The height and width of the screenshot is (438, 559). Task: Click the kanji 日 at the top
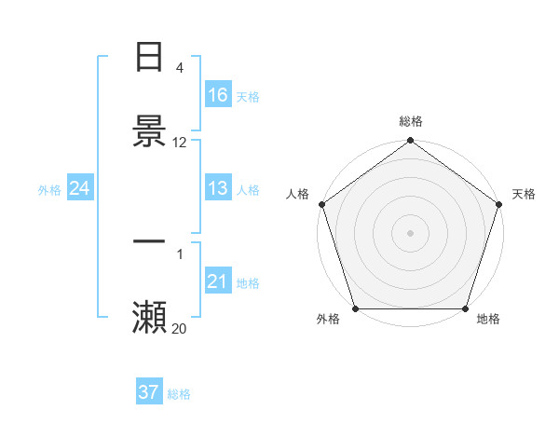149,58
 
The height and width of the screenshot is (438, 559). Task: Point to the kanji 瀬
149,317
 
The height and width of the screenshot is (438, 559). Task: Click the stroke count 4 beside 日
180,68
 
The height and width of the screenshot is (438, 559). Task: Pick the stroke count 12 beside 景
180,143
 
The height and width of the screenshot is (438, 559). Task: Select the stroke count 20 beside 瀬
180,329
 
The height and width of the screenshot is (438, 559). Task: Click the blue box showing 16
218,95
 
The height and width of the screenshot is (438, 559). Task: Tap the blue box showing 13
218,188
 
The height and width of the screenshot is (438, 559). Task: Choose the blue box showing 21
218,281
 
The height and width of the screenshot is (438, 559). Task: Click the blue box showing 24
80,188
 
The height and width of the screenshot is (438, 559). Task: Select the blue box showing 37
149,392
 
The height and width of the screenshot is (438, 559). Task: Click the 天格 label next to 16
248,97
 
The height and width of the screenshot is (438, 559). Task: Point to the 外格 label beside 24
49,190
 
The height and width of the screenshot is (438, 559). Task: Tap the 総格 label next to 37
179,394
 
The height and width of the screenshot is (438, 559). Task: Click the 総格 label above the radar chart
411,121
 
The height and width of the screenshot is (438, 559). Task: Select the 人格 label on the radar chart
298,194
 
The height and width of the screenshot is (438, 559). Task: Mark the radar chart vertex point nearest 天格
499,204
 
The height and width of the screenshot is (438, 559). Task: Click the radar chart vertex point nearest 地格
466,308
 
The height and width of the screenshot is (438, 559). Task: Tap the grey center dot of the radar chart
411,232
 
